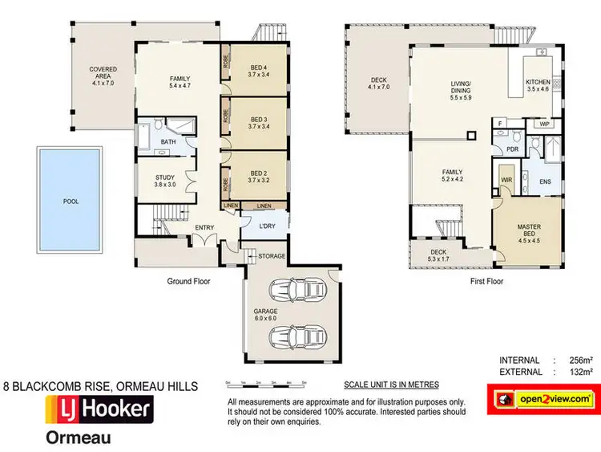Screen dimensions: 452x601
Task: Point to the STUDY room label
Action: (x=166, y=177)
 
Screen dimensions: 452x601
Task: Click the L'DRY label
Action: (x=267, y=226)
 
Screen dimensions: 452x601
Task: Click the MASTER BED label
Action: (x=528, y=231)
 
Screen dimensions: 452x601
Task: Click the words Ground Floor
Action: (x=188, y=281)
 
